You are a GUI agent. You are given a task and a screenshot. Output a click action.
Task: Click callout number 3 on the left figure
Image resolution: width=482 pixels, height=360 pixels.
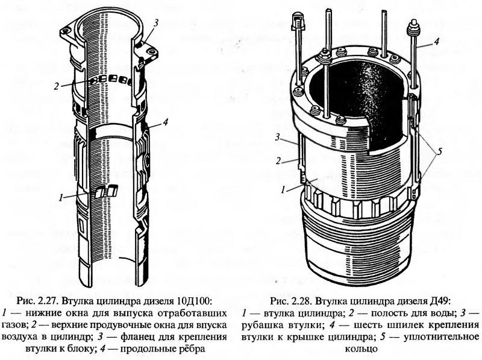tap(155, 24)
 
